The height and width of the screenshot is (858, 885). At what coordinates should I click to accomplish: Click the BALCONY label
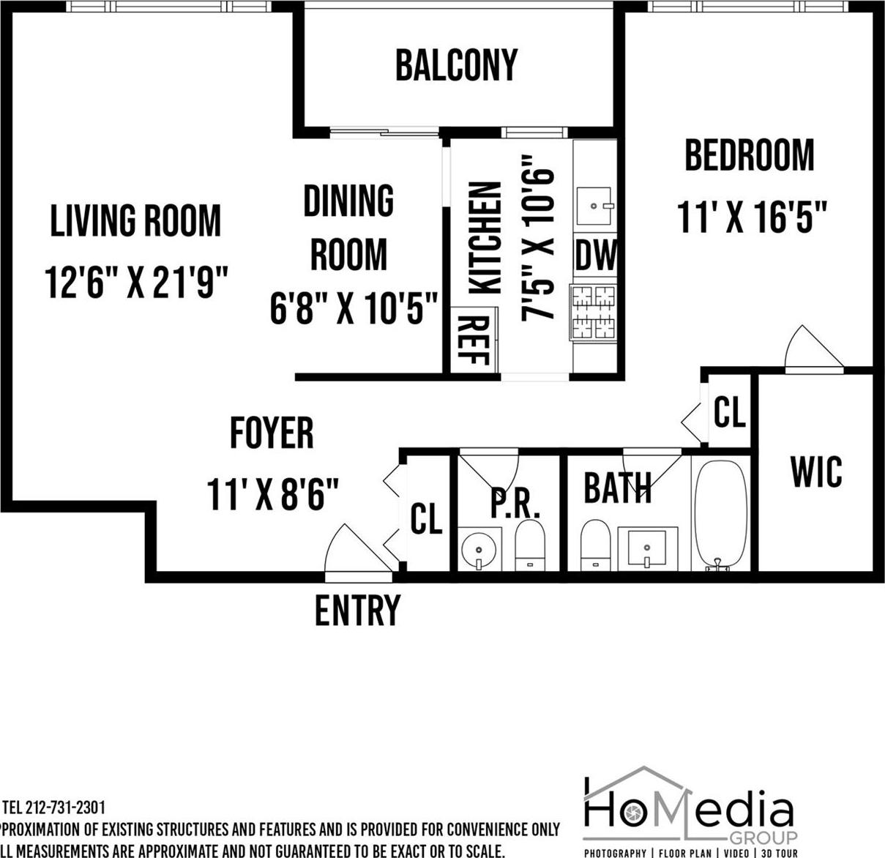point(456,65)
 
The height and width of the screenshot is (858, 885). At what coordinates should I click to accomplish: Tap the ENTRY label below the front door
point(357,610)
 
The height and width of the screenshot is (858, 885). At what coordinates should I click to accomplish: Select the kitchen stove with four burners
point(593,312)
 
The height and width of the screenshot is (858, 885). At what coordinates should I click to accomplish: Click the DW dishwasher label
point(595,255)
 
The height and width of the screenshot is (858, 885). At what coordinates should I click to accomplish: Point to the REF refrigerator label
point(474,340)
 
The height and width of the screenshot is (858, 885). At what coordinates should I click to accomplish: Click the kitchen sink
point(594,206)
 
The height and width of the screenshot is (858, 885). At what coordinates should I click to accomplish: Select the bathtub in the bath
point(720,512)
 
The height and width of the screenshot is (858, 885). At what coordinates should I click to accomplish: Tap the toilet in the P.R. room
point(530,545)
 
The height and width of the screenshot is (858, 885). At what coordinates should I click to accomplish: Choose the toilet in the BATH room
point(594,545)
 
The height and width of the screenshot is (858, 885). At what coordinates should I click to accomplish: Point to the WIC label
point(815,472)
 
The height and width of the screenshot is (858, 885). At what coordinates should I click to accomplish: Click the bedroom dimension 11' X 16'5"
point(752,217)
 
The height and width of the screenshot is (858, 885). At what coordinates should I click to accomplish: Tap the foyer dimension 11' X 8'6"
point(272,494)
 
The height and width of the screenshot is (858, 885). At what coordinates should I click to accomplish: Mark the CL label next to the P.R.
point(426,518)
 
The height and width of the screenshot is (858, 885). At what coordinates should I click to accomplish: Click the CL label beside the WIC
point(729,412)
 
